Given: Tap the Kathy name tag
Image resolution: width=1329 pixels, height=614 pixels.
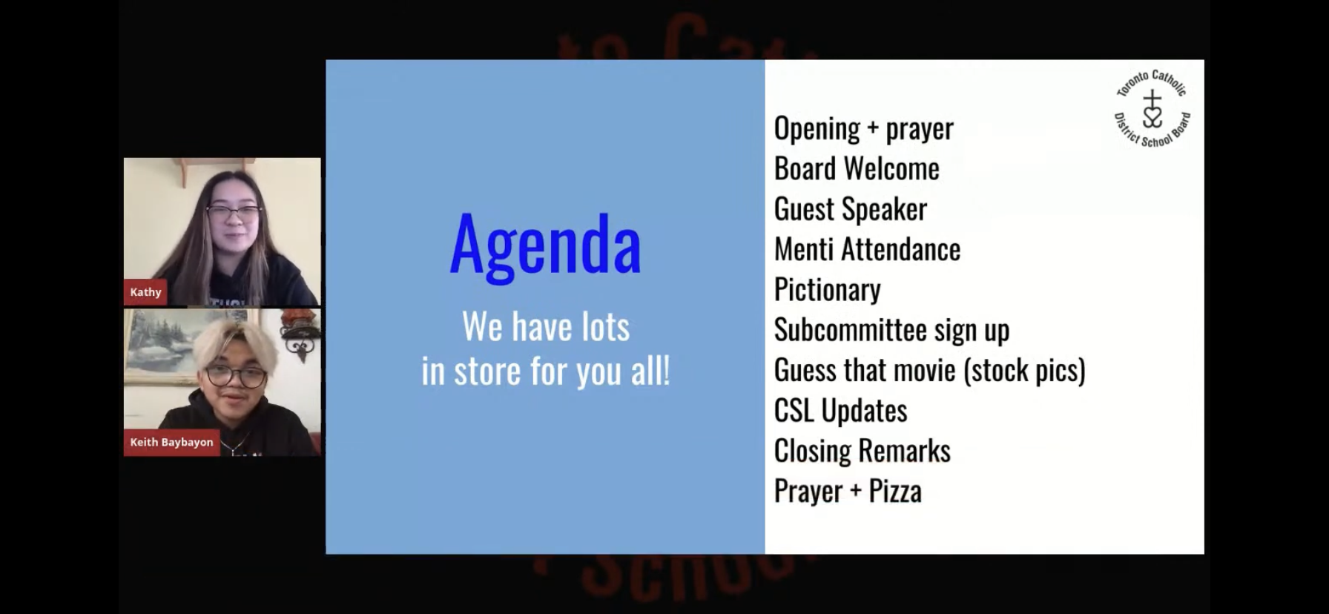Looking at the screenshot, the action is [145, 292].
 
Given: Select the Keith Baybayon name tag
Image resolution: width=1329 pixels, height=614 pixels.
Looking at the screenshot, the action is [171, 442].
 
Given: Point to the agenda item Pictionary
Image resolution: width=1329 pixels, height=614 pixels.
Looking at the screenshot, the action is [828, 289].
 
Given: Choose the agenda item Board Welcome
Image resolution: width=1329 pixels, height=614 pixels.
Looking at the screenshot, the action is [857, 168].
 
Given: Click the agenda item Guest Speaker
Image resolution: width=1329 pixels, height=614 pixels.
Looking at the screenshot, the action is [851, 209].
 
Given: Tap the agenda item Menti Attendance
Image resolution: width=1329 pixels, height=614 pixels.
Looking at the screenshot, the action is [867, 249].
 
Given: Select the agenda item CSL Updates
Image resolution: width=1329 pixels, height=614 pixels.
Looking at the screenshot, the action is [840, 410].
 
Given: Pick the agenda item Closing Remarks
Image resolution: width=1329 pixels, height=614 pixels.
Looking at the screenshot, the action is [863, 451].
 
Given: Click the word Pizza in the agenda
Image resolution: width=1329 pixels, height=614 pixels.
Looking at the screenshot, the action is [895, 491].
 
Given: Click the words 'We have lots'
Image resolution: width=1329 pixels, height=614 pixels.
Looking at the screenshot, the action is [546, 326].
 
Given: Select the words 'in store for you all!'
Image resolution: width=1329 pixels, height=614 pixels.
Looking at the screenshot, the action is [546, 371].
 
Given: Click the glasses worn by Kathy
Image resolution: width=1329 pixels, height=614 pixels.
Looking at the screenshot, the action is [234, 213].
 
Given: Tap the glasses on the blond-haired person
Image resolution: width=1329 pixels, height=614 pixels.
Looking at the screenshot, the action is [235, 377].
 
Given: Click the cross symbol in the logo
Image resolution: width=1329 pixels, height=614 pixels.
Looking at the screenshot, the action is [1152, 99].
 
